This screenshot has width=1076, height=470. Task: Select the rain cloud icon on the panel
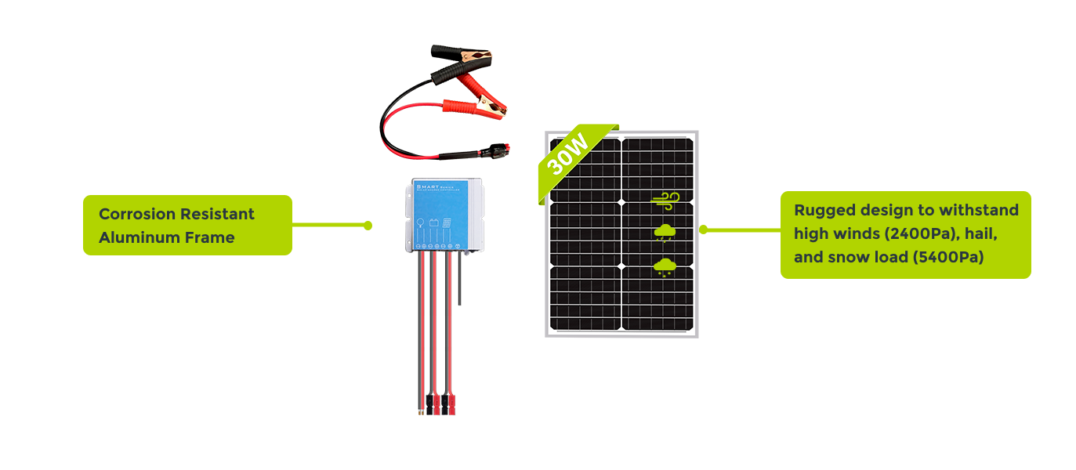tap(665, 233)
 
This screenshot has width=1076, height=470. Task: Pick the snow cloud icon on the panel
tap(665, 266)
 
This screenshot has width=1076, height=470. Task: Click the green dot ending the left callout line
tap(368, 226)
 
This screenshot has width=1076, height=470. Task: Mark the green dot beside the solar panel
tap(703, 230)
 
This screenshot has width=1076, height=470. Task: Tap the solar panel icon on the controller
tap(447, 223)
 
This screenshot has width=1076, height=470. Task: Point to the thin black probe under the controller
tap(462, 282)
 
